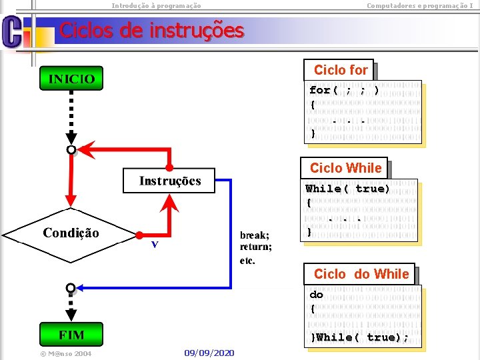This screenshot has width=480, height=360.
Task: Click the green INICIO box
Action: [71, 79]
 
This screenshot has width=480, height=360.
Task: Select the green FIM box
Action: [71, 333]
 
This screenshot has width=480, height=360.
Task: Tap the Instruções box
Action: [169, 181]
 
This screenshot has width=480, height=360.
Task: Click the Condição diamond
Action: [71, 233]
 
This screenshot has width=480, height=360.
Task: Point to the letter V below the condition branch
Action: [155, 245]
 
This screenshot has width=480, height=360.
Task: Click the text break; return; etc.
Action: [255, 247]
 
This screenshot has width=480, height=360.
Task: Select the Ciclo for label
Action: [341, 70]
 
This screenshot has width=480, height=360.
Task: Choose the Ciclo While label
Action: [345, 168]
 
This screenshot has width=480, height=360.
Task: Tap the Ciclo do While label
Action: [361, 274]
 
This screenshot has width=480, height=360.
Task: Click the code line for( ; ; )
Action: [345, 90]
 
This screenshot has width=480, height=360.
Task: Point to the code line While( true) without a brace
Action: [347, 189]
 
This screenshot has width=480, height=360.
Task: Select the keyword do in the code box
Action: [316, 294]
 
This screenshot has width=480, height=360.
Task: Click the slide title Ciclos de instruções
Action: [152, 30]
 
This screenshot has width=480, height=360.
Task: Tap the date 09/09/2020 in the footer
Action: [209, 352]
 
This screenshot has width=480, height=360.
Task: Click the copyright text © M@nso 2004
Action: [65, 353]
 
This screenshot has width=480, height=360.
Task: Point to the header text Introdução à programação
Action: [156, 5]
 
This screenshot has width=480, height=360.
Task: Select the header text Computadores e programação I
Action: [419, 5]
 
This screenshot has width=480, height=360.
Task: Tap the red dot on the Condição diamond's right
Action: [139, 235]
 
